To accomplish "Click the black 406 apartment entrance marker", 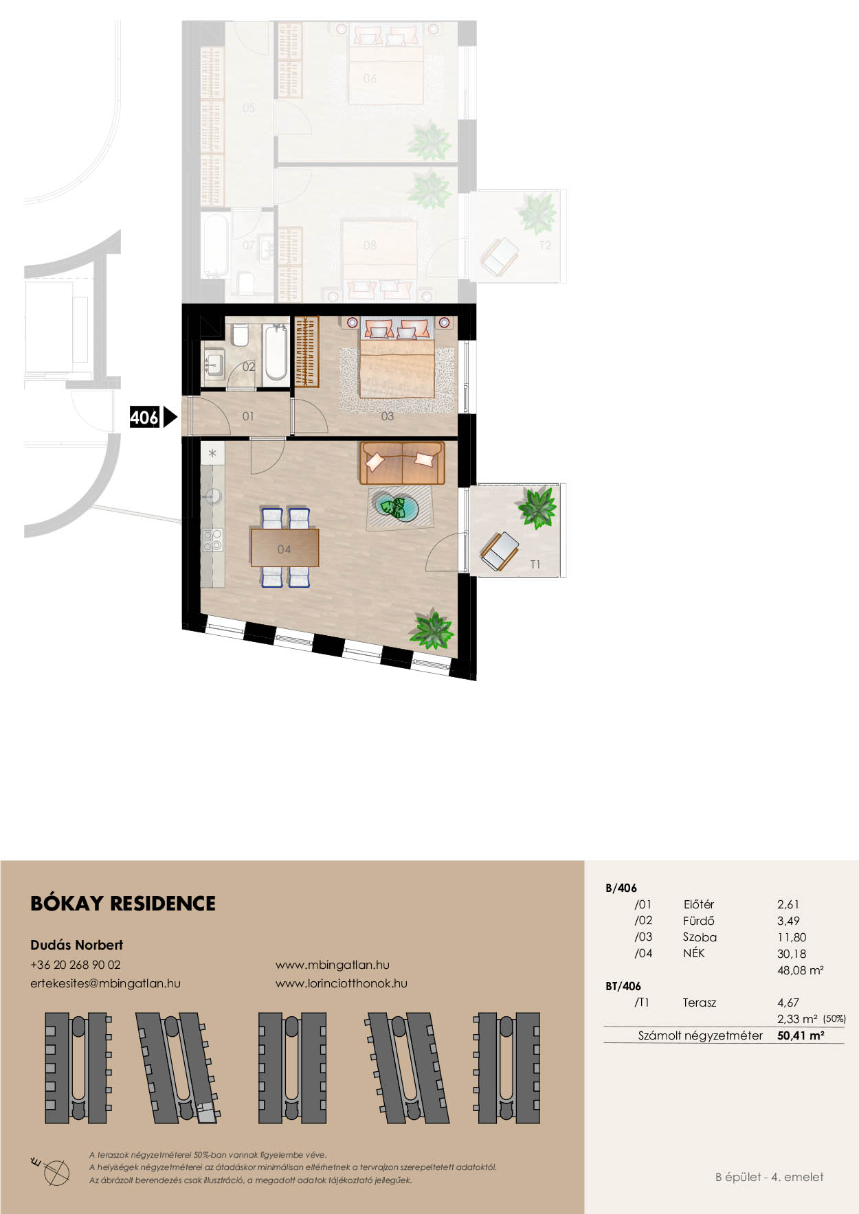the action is tap(153, 417).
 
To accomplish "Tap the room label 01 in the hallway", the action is tap(248, 416).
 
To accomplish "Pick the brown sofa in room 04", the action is tap(402, 463).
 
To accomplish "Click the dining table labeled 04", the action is tap(285, 547).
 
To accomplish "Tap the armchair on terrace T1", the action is tap(500, 551).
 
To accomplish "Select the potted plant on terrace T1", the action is tap(537, 507).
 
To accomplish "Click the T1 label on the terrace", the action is tap(535, 564).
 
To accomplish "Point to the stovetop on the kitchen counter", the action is tap(212, 540).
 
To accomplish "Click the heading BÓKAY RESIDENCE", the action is tap(123, 903).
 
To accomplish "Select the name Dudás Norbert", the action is tap(76, 945).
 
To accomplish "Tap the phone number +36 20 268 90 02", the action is tap(76, 965).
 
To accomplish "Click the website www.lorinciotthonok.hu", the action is tap(342, 983).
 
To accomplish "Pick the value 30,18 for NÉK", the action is tap(792, 953).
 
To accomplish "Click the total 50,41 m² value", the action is tap(801, 1035).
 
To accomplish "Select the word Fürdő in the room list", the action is tap(698, 921).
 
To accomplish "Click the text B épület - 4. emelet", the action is tap(769, 1177).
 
